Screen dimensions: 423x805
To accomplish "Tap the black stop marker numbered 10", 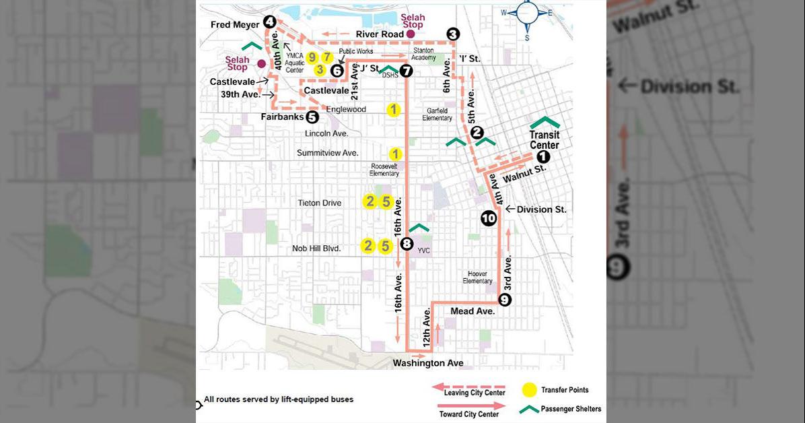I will click(489, 218).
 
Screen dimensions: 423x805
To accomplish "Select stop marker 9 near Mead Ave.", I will click(505, 300).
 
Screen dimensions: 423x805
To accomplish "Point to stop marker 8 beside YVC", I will click(407, 244).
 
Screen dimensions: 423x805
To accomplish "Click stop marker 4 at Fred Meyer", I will click(269, 22).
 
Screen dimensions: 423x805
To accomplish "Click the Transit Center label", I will click(545, 140).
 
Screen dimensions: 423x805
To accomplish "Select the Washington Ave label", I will click(428, 363).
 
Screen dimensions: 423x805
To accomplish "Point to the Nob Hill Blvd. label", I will click(316, 249).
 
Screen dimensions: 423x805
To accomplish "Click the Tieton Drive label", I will click(320, 203).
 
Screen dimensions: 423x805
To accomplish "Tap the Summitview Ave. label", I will click(327, 153).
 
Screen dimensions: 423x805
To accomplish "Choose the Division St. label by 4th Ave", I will click(541, 209).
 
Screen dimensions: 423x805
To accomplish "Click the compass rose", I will click(527, 11).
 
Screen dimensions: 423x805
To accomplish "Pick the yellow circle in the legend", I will click(530, 390).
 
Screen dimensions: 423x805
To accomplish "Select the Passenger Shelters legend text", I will click(571, 409).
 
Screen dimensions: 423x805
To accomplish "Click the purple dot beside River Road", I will click(411, 34).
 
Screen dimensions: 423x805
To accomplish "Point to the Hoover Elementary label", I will click(477, 277).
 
